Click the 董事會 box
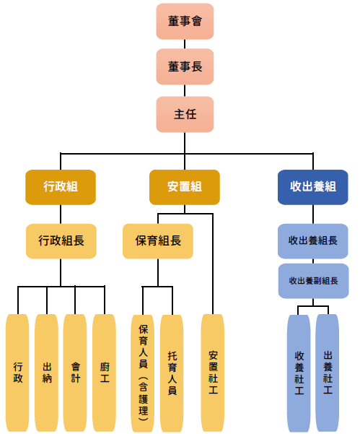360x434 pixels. (x=185, y=22)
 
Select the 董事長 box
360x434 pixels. (x=185, y=66)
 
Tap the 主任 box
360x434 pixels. (x=185, y=114)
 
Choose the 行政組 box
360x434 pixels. (x=61, y=187)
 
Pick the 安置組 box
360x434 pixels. (x=185, y=187)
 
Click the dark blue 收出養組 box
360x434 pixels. (x=312, y=187)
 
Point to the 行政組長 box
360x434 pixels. (x=61, y=241)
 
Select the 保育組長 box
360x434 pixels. (x=158, y=241)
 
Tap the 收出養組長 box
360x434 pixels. (x=312, y=241)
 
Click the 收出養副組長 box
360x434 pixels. (x=313, y=281)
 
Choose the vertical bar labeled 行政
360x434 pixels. (x=17, y=373)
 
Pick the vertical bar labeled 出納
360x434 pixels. (x=46, y=373)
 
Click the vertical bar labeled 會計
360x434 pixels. (x=75, y=373)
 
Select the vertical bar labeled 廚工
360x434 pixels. (x=104, y=373)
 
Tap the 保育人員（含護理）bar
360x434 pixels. (x=143, y=373)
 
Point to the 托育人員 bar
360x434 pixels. (x=172, y=373)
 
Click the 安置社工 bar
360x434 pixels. (x=213, y=373)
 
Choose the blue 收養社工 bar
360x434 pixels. (x=299, y=373)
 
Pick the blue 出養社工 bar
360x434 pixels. (x=328, y=373)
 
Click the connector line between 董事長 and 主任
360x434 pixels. (x=185, y=90)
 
